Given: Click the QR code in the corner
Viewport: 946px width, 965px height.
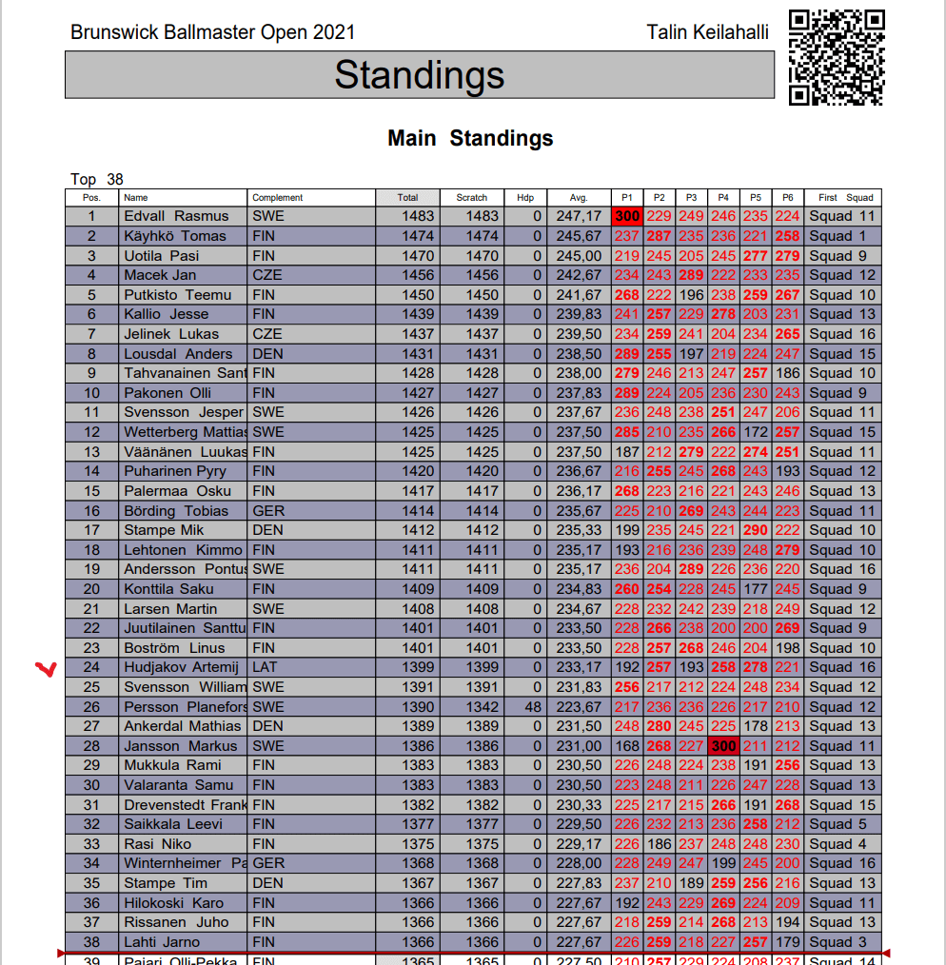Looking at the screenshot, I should point(837,57).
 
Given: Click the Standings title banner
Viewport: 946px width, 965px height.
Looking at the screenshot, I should point(419,75).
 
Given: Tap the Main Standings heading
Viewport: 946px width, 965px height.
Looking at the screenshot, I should point(470,138).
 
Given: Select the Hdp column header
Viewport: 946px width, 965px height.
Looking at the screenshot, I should point(525,198).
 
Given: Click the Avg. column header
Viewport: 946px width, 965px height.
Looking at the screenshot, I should point(579,198).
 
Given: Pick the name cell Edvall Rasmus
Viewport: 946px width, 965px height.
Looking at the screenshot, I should point(177,216).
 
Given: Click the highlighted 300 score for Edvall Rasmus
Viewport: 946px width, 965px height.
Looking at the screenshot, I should point(626,216).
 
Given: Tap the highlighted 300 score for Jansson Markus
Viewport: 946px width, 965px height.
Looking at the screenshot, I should point(723,746).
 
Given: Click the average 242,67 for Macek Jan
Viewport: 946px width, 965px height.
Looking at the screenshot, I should point(579,275).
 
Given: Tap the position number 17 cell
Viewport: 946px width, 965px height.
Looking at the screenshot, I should point(92,530).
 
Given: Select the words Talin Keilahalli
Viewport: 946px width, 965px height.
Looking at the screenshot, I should point(707,32).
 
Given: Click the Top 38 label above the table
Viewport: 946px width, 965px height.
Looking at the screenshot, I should point(97,179).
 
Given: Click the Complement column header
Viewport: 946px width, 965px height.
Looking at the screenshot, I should point(278,198).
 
